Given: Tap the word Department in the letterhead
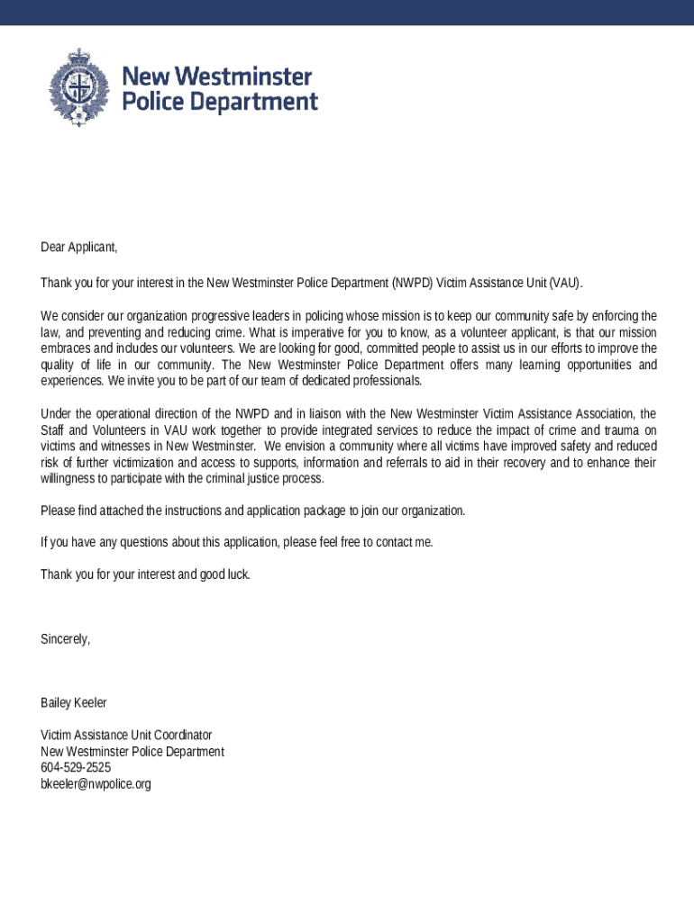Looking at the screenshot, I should (242, 103).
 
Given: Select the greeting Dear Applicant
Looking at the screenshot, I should (79, 247).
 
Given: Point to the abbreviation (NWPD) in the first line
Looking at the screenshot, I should (413, 283).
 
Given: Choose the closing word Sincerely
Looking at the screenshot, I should (65, 639).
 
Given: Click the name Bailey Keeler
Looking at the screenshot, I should (74, 702).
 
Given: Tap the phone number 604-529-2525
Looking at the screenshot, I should (76, 768).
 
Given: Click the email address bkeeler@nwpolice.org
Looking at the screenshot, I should (96, 784).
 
